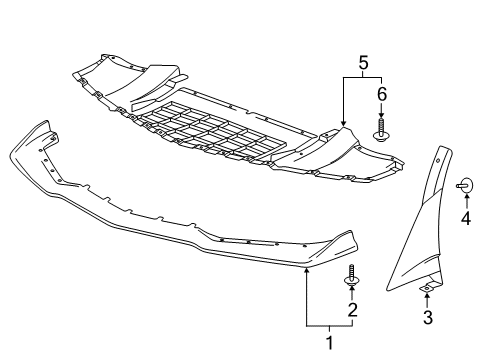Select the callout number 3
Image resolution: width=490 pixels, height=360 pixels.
[x=427, y=319]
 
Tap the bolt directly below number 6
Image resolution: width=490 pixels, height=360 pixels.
[x=380, y=127]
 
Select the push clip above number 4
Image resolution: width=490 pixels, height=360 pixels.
[x=464, y=183]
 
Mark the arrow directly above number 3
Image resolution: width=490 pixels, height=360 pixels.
[x=427, y=297]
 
